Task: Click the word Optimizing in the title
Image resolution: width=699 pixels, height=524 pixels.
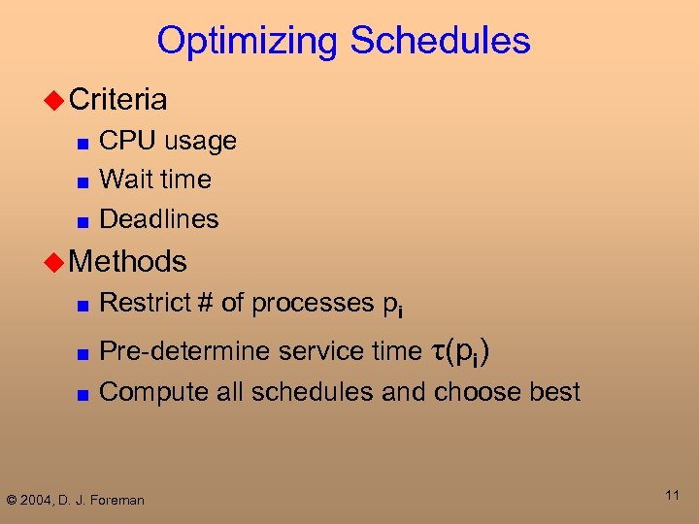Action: pyautogui.click(x=248, y=42)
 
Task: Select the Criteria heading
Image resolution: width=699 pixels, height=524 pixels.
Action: pyautogui.click(x=118, y=99)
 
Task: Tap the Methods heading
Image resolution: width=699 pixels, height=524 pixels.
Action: pyautogui.click(x=128, y=260)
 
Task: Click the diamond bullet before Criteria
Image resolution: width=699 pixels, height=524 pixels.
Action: pyautogui.click(x=55, y=100)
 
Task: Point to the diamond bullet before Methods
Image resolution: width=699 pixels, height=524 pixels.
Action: pyautogui.click(x=55, y=261)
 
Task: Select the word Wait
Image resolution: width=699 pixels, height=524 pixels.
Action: pyautogui.click(x=124, y=180)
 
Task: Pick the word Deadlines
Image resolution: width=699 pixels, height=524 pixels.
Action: pyautogui.click(x=159, y=219)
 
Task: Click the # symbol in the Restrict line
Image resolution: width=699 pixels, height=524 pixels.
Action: pyautogui.click(x=204, y=303)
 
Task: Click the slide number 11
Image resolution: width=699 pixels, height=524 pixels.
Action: pyautogui.click(x=671, y=496)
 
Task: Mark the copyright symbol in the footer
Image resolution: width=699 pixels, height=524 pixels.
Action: pyautogui.click(x=12, y=500)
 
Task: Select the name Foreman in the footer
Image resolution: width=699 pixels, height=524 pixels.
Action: pyautogui.click(x=118, y=500)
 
